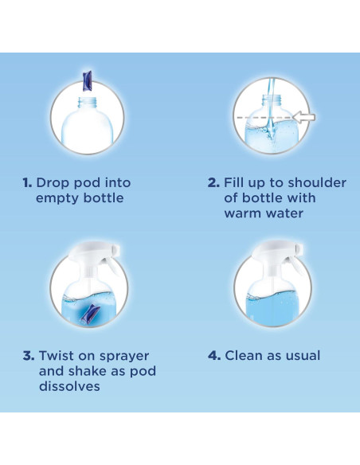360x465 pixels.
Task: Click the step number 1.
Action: [x=27, y=182]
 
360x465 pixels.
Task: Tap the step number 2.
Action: [x=213, y=182]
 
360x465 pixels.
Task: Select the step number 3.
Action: [x=29, y=356]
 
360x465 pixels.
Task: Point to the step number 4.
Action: [x=214, y=356]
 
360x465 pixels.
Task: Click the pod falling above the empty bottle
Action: [x=88, y=80]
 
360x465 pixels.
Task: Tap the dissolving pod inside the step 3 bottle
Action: [x=90, y=312]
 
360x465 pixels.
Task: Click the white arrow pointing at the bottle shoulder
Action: [x=303, y=117]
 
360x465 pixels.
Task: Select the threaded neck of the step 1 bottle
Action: [x=88, y=104]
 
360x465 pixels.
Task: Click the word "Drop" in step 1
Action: [x=53, y=183]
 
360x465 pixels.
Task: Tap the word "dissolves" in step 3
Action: [x=69, y=386]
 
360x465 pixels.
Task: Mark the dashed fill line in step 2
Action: [x=264, y=118]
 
